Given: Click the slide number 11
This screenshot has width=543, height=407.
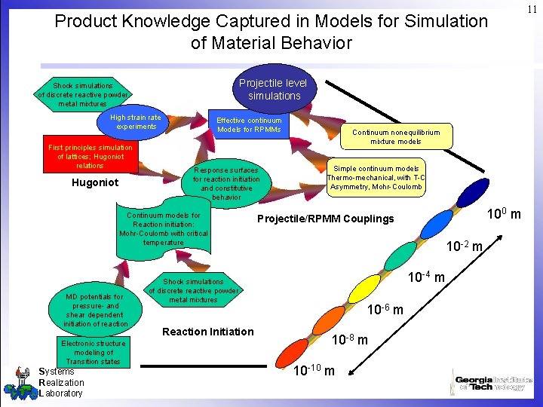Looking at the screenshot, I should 532,9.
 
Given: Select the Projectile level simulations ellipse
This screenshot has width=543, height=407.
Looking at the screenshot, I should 273,89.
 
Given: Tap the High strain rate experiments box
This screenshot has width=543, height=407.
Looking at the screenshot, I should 136,121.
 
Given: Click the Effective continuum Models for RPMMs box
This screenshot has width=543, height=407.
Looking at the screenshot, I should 249,125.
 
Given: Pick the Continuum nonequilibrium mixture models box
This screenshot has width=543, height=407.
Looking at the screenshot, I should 396,136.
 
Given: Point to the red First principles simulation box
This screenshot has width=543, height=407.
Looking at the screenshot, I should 90,156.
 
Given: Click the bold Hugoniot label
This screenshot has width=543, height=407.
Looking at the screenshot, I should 94,182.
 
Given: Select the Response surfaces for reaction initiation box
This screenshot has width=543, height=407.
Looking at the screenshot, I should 226,183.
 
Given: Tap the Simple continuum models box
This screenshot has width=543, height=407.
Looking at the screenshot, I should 376,178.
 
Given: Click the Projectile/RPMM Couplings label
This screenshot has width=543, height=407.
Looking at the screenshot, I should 325,219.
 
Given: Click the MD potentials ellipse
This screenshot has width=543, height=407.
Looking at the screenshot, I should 96,310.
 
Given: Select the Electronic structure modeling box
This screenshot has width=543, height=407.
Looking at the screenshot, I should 94,352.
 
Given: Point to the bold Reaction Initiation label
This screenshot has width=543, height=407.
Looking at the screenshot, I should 208,332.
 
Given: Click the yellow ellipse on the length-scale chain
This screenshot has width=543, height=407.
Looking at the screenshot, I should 366,287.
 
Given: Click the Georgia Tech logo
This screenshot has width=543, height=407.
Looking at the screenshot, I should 493,382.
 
